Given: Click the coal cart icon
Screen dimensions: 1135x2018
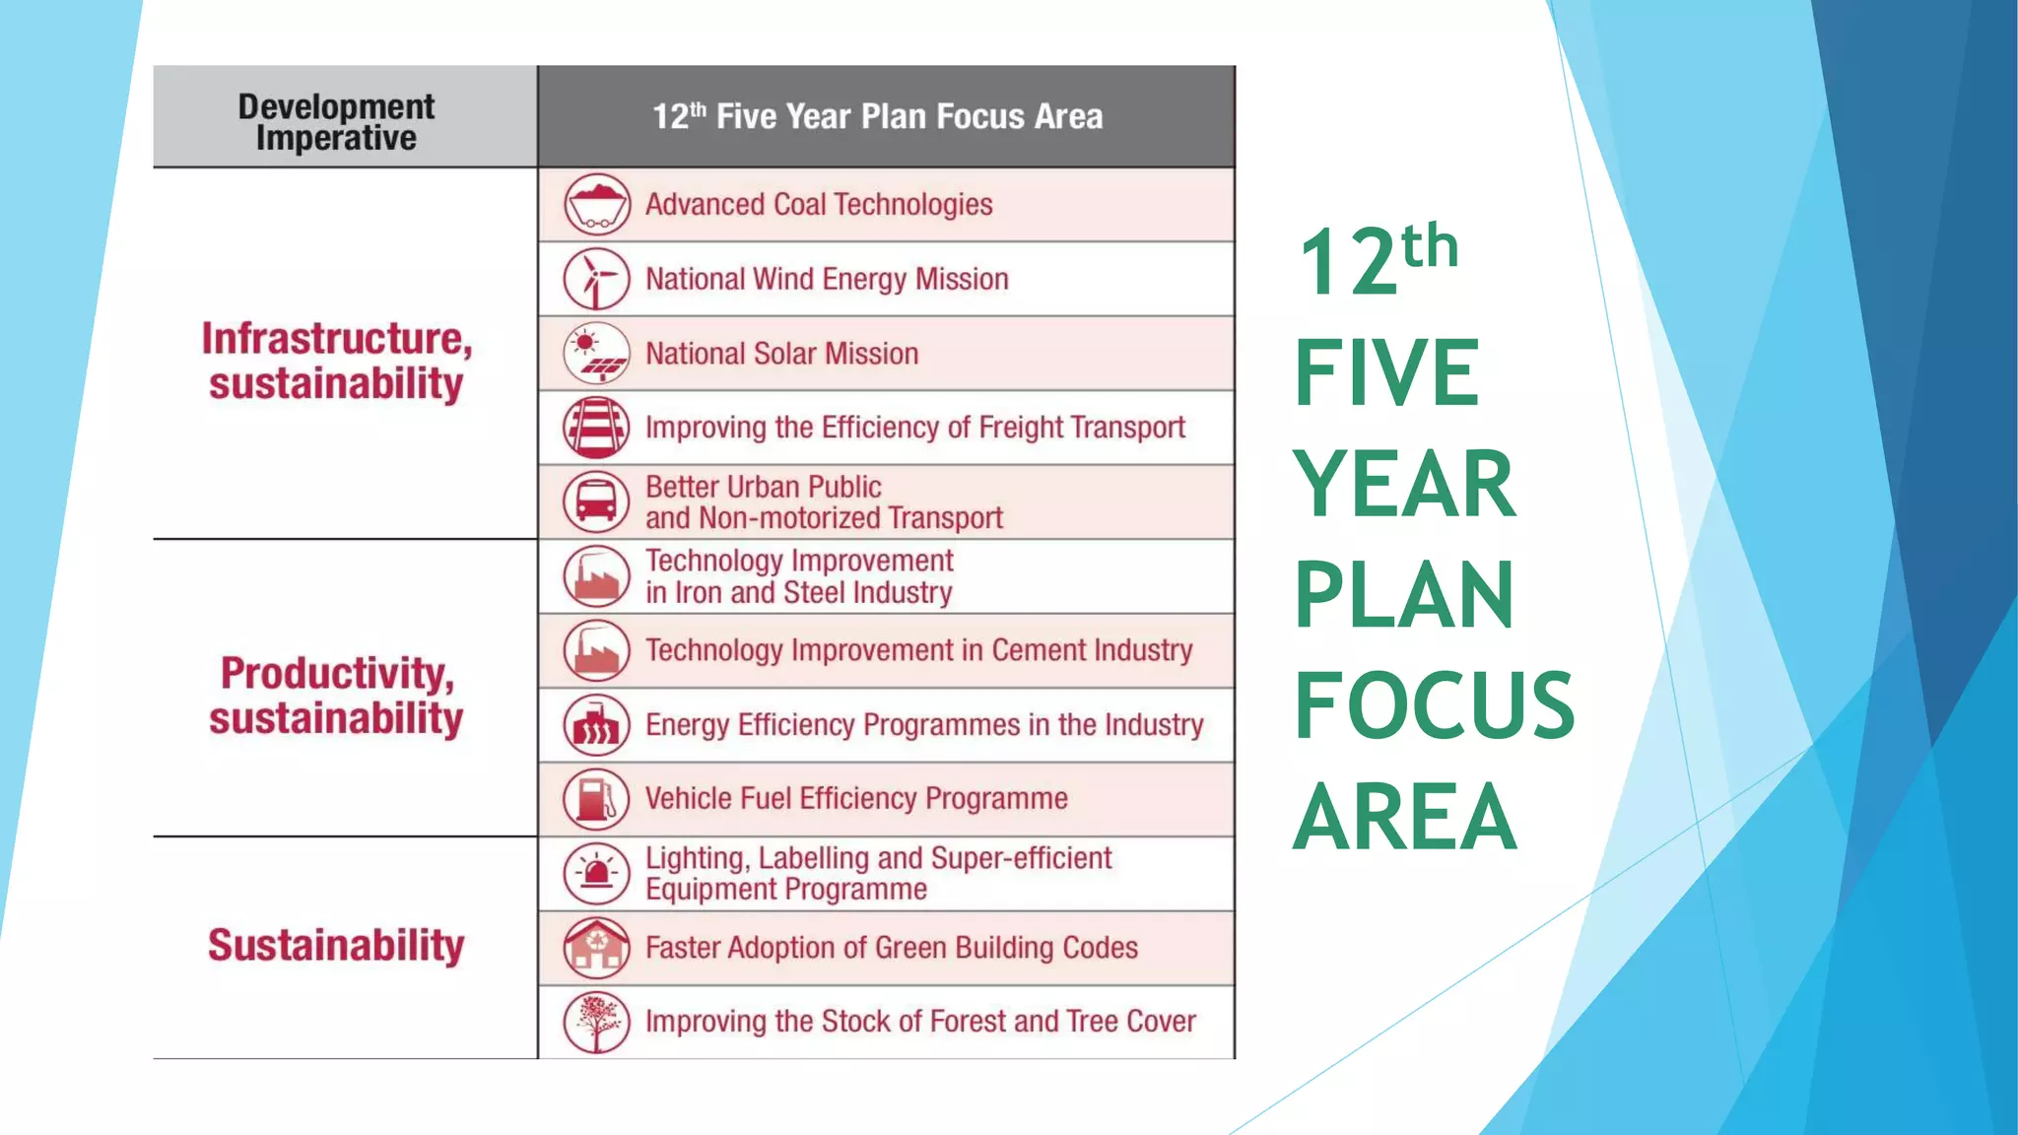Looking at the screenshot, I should (596, 205).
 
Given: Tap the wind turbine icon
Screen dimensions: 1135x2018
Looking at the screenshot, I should (596, 279).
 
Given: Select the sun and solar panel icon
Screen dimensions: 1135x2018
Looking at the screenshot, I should (596, 354).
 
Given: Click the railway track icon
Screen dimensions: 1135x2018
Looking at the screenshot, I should (596, 428).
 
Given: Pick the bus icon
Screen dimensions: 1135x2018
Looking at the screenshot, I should (596, 501).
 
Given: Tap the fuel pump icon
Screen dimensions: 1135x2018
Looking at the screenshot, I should (596, 799).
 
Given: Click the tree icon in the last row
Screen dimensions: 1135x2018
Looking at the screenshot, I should (596, 1022).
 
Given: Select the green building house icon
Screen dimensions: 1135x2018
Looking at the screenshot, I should (596, 948).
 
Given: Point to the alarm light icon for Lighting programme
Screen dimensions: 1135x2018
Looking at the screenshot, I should (596, 873).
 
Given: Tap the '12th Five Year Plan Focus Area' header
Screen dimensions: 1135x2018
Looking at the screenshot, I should (877, 116).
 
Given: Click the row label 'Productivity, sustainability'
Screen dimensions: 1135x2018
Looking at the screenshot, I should (336, 696).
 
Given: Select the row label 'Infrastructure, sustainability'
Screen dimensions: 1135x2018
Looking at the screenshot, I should (336, 361).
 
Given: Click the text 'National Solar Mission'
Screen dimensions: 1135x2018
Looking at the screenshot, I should (781, 354).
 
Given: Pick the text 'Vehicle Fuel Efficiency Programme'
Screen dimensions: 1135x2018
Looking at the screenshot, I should (856, 799).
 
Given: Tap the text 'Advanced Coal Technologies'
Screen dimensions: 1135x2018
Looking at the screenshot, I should (819, 205).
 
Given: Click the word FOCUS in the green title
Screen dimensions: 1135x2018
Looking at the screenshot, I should (1434, 705).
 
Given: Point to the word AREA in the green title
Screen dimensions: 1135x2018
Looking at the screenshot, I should (1404, 817).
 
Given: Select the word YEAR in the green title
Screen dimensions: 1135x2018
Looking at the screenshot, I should (1404, 484).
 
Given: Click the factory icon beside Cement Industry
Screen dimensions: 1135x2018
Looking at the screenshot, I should (596, 650).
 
